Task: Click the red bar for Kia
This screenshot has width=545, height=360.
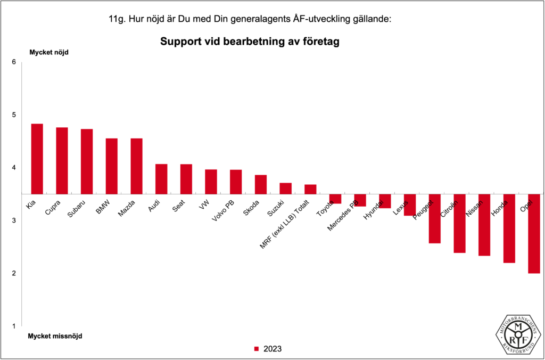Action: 37,159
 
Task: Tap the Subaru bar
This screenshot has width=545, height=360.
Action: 87,161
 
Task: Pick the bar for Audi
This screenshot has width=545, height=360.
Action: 161,179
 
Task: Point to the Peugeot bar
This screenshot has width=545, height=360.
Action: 434,218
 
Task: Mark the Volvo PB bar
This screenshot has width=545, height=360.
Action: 236,182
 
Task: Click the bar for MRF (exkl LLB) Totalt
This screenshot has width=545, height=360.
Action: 310,189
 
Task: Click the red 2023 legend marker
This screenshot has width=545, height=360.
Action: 256,349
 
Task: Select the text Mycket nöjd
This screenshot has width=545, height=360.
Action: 48,52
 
